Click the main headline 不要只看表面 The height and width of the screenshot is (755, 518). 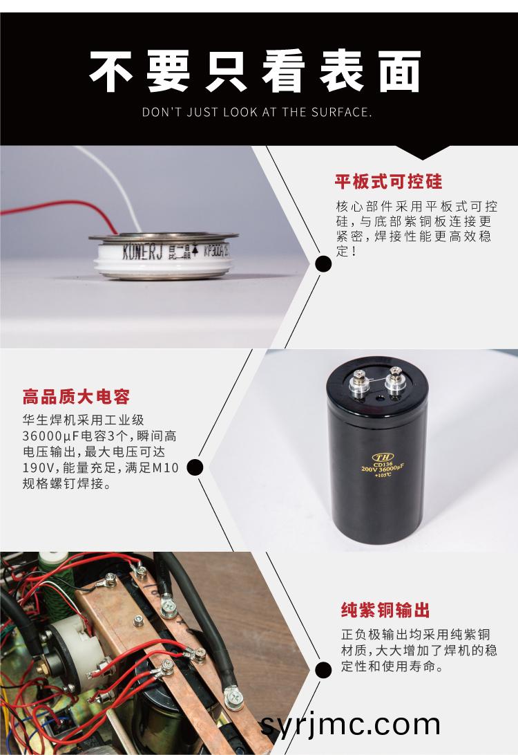click(256, 71)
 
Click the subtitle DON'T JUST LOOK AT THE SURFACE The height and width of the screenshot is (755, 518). click(257, 112)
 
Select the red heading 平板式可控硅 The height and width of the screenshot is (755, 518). click(388, 182)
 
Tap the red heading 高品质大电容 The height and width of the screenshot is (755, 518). click(76, 397)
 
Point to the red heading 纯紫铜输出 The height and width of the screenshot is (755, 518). click(385, 610)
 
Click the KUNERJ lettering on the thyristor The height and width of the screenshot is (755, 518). click(142, 251)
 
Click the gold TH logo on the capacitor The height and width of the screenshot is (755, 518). click(383, 456)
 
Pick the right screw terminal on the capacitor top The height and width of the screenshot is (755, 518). click(394, 380)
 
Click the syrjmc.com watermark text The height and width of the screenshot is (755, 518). click(350, 725)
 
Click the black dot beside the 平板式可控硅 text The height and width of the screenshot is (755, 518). click(323, 264)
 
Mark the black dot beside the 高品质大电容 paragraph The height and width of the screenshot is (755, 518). click(195, 467)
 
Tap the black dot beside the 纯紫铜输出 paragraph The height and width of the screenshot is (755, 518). click(323, 670)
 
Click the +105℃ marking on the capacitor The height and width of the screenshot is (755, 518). click(383, 475)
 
